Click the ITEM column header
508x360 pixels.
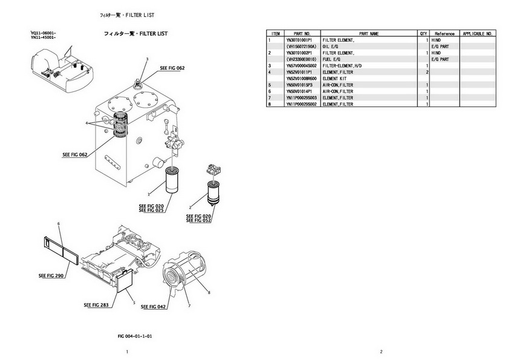tap(276, 34)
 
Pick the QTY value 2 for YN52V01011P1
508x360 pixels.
tap(427, 72)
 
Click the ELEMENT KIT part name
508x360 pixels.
tap(334, 79)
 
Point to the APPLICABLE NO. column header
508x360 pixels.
tap(478, 34)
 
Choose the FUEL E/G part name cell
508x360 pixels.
tap(333, 59)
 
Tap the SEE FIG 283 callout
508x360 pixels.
tap(96, 304)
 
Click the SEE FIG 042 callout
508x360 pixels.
tap(153, 307)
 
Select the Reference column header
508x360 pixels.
tap(444, 34)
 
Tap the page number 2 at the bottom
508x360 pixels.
tap(381, 352)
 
